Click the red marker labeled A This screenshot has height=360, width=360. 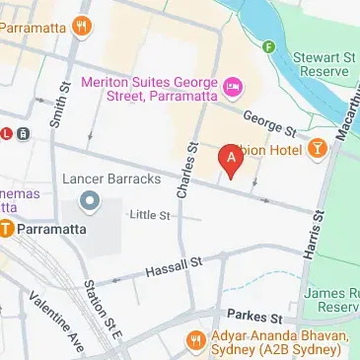tap(232, 158)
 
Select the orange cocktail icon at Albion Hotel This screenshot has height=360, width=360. tap(318, 149)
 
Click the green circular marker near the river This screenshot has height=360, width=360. tap(268, 46)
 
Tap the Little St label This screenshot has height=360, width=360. tap(150, 214)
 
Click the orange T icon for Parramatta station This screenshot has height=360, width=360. tap(7, 230)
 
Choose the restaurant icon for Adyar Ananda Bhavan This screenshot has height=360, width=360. tap(195, 344)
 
